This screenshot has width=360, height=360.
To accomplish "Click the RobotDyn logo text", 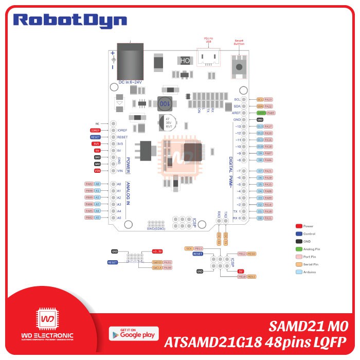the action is coord(70,20).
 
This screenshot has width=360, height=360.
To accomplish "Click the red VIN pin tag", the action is coord(97,170).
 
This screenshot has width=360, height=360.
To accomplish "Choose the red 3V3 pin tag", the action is coord(97,144).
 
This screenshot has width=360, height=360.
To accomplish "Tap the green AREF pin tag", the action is coord(261,113).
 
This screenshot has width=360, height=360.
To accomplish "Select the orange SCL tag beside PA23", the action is coord(260,99).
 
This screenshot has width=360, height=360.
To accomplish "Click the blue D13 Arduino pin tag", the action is coord(260,126).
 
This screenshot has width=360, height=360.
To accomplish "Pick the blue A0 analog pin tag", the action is coord(98,184).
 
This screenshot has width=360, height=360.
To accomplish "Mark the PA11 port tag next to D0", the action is coord(268,218).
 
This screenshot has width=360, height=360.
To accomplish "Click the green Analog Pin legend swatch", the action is coord(299,249).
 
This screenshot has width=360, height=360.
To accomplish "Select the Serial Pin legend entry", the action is coord(309,264).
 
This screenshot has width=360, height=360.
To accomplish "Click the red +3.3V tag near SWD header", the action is coord(157,251).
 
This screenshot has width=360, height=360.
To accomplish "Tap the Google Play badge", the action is coord(134,334).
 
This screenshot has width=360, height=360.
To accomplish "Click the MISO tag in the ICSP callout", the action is coord(251,254).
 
